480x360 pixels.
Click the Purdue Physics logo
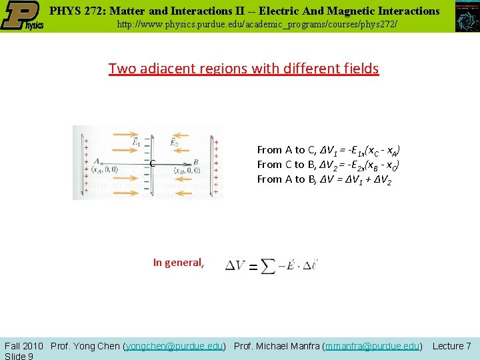(x=22, y=16)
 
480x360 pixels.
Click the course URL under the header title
(x=257, y=25)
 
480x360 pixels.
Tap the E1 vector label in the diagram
(x=136, y=141)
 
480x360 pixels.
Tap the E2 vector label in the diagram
(x=174, y=141)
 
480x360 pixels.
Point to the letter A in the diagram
(x=97, y=161)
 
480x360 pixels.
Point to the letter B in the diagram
(x=196, y=161)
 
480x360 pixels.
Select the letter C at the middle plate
(x=153, y=164)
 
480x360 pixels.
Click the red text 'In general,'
(x=178, y=263)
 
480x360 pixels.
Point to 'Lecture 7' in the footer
(x=452, y=346)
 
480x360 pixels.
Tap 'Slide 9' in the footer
(x=19, y=356)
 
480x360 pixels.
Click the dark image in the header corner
(x=467, y=16)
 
